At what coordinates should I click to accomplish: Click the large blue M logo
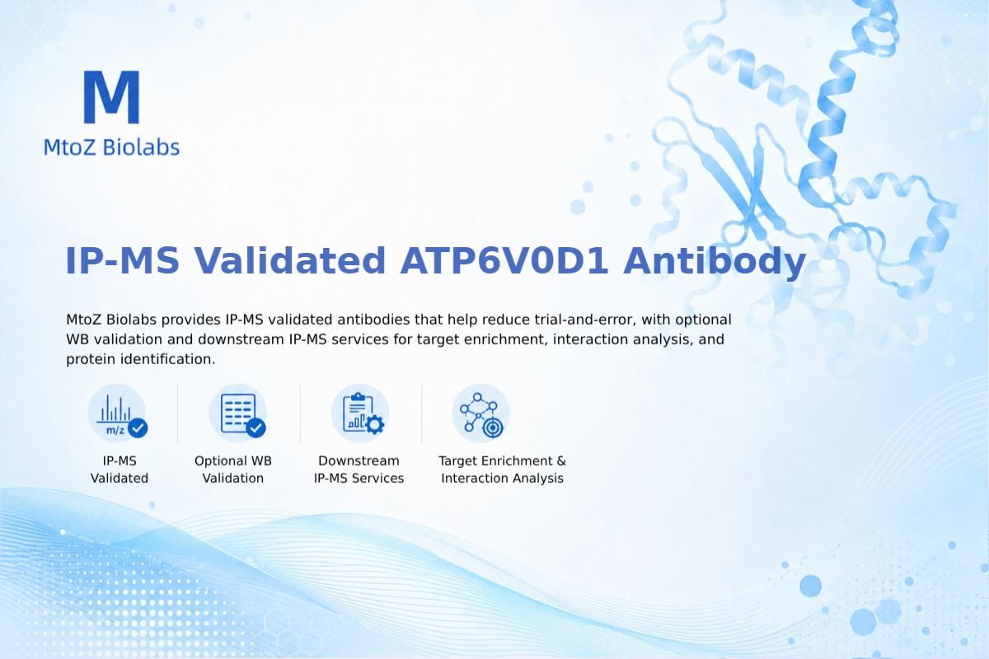pyautogui.click(x=112, y=97)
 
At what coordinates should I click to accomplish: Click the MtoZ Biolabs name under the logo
pyautogui.click(x=112, y=147)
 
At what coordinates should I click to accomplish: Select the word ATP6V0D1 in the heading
pyautogui.click(x=504, y=261)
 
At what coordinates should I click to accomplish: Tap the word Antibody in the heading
pyautogui.click(x=715, y=262)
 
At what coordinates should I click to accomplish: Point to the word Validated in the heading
pyautogui.click(x=290, y=261)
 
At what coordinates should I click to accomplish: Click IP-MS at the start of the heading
pyautogui.click(x=122, y=261)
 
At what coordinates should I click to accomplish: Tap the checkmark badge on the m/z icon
pyautogui.click(x=138, y=428)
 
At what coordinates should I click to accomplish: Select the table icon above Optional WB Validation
pyautogui.click(x=238, y=414)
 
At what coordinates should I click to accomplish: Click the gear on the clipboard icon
pyautogui.click(x=375, y=424)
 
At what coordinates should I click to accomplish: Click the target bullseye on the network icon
pyautogui.click(x=493, y=428)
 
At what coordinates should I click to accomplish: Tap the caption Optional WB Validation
pyautogui.click(x=233, y=470)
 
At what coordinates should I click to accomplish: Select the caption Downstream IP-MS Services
pyautogui.click(x=359, y=470)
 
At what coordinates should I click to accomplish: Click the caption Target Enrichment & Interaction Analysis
pyautogui.click(x=502, y=470)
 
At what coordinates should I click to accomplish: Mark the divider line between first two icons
pyautogui.click(x=178, y=414)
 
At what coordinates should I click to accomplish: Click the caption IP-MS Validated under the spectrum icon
pyautogui.click(x=120, y=470)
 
